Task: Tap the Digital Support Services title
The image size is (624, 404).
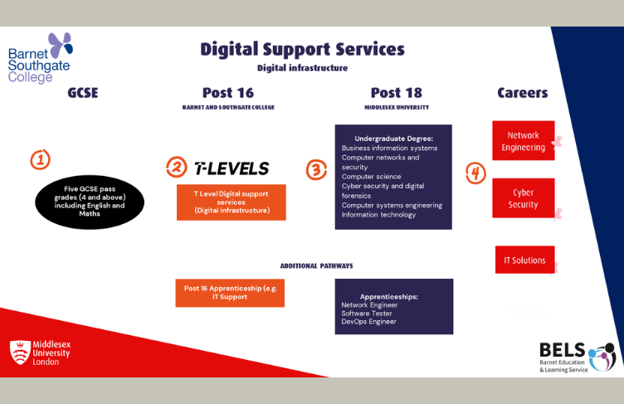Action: coord(302,49)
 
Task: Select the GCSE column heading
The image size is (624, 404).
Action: coord(83,93)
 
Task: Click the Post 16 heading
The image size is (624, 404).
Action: coord(228,93)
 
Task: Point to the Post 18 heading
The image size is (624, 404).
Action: coord(396,93)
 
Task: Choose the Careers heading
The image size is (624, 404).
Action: coord(522,93)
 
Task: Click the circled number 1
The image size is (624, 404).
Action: coord(40,159)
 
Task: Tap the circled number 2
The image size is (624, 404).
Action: coord(176,167)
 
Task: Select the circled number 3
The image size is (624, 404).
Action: coord(316,170)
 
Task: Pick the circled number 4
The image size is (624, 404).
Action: coord(475,173)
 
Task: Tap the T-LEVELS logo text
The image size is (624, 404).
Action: coord(232,168)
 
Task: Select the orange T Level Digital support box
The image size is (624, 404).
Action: coord(231,202)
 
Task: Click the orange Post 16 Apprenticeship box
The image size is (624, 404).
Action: coord(229,292)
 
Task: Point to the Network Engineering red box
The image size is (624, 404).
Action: coord(523,141)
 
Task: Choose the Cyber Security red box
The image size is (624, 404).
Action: coord(523,198)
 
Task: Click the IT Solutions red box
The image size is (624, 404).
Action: coord(524,260)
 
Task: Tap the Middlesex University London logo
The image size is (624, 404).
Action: coord(40,353)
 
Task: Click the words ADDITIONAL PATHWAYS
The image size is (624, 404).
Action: coord(316,265)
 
